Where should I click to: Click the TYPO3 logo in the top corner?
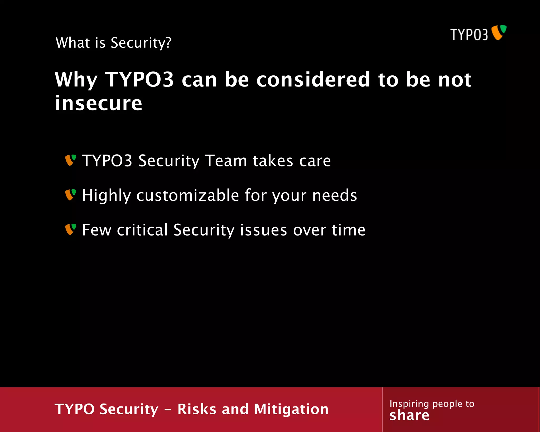coord(478,33)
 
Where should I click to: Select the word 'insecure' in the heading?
coord(99,103)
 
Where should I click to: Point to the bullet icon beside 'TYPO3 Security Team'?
coord(70,160)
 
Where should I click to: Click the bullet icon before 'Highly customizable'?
coord(70,195)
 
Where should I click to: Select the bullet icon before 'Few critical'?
coord(70,229)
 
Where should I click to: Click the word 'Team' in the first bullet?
coord(226,161)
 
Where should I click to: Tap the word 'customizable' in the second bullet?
coord(187,195)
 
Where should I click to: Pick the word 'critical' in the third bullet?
coord(142,230)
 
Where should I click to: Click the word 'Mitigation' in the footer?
coord(291,409)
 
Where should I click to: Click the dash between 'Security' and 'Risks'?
coord(168,410)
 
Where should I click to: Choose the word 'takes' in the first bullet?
coord(273,161)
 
